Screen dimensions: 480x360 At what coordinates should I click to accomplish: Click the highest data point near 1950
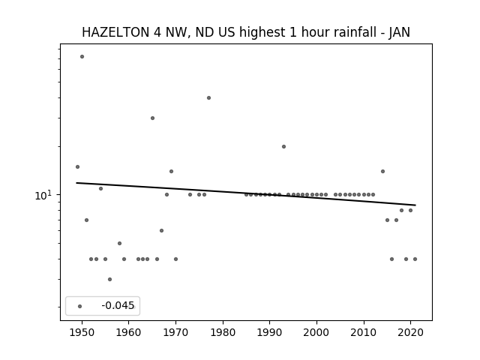(x=82, y=57)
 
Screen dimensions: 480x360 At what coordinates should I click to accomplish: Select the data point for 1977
(x=208, y=98)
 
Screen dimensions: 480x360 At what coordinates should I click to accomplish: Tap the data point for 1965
(x=152, y=118)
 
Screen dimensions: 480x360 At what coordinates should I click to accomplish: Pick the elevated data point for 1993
(x=283, y=147)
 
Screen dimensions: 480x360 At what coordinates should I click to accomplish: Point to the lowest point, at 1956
(x=110, y=280)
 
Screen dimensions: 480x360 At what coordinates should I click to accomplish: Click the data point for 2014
(x=382, y=172)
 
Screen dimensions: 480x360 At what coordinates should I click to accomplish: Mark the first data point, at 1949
(x=77, y=166)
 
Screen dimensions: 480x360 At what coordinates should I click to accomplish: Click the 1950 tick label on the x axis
(x=82, y=333)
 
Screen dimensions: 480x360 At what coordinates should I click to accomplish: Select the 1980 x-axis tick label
(x=223, y=333)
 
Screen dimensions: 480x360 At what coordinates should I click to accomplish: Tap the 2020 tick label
(x=411, y=333)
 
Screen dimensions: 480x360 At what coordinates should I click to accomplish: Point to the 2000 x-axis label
(x=316, y=333)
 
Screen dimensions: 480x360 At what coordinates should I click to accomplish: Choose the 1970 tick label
(x=175, y=333)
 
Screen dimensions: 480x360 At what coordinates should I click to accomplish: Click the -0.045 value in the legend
(x=118, y=305)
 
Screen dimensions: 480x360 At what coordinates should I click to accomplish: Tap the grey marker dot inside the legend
(x=80, y=306)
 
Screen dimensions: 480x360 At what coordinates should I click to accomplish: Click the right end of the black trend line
(x=415, y=205)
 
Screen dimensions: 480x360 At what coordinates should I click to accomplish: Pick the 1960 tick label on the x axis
(x=129, y=333)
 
